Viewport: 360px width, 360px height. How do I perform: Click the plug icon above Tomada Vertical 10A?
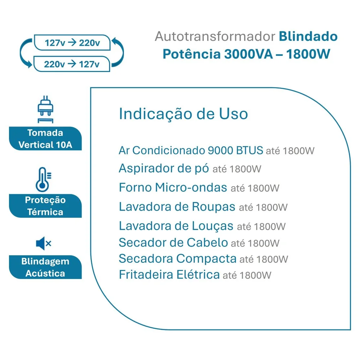[45, 109]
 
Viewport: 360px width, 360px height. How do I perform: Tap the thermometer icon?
[43, 180]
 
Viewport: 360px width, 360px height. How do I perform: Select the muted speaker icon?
[44, 243]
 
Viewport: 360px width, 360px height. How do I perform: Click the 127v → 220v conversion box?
[72, 42]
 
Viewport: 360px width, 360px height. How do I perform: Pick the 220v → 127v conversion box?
[72, 64]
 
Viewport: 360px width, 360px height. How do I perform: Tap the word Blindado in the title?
[308, 36]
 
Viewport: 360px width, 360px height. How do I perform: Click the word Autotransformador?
[215, 36]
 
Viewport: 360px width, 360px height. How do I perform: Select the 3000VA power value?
[248, 54]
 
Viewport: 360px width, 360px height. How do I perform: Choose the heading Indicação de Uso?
[184, 114]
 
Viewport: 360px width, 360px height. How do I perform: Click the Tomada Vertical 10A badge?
[45, 139]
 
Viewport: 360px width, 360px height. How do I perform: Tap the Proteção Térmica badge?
[45, 206]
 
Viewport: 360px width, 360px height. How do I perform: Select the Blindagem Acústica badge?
[45, 267]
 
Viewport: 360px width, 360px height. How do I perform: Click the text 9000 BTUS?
[235, 150]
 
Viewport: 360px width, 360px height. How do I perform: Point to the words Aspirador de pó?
[164, 169]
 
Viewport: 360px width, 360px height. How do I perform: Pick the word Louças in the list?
[213, 226]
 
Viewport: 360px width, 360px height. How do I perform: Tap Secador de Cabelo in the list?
[174, 242]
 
